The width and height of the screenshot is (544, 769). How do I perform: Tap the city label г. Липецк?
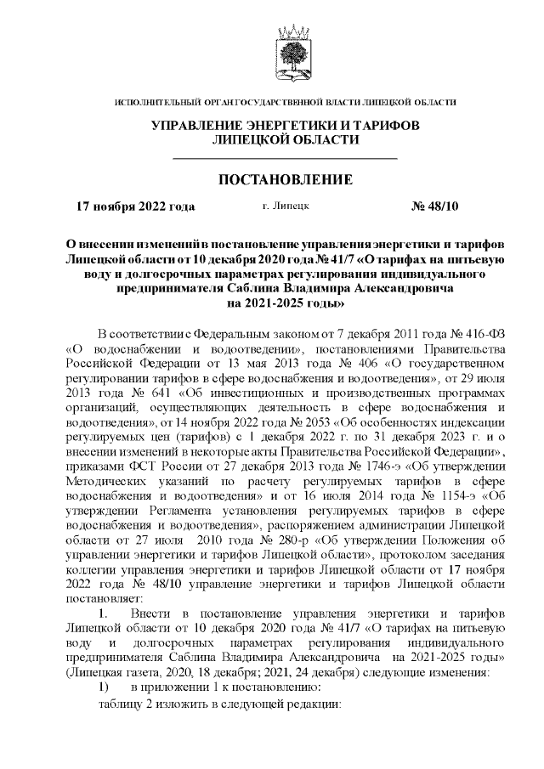[286, 206]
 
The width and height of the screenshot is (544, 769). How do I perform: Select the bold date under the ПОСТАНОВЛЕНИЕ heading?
[135, 206]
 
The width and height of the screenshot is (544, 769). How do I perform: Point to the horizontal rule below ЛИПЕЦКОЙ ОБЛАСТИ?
[286, 159]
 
